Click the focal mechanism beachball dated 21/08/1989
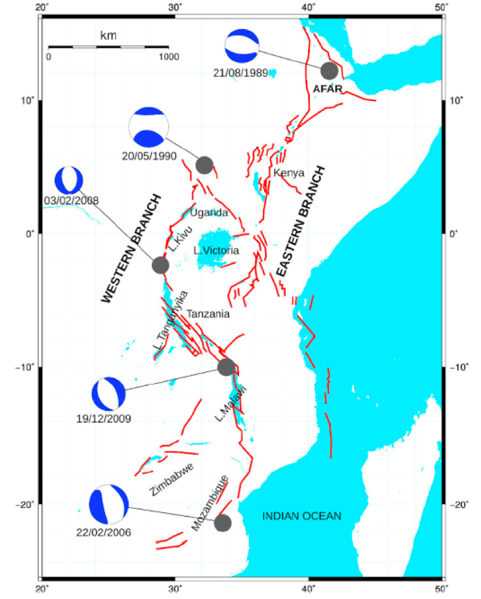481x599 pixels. (242, 46)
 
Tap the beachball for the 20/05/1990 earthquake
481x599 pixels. (148, 127)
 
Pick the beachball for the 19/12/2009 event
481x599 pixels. (108, 394)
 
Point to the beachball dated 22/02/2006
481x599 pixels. (109, 504)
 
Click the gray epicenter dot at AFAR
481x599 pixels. (329, 70)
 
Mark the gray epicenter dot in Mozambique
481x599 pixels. (222, 523)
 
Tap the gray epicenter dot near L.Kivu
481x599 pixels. (160, 265)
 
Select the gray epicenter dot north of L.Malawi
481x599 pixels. (226, 367)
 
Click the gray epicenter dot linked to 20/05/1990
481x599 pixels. (204, 165)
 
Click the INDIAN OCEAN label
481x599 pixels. (301, 516)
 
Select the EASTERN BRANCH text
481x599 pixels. (299, 221)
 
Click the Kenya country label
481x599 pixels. (289, 173)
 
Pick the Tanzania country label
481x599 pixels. (208, 314)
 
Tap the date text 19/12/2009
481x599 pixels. (104, 418)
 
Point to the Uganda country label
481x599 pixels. (209, 213)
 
